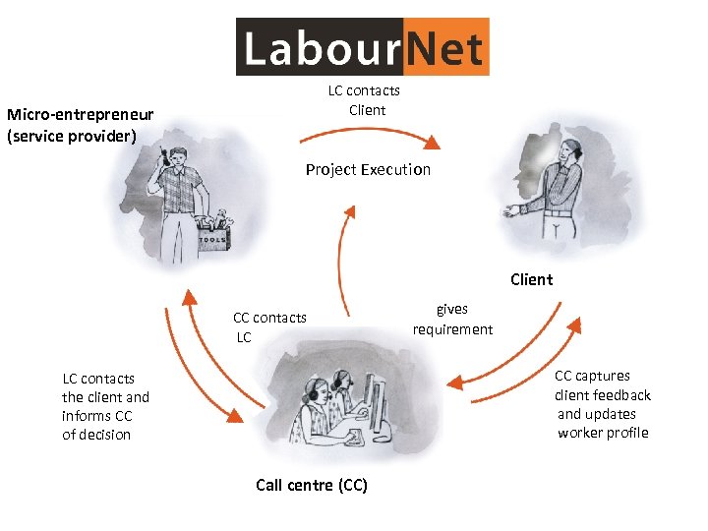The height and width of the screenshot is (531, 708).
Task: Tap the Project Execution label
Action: coord(368,170)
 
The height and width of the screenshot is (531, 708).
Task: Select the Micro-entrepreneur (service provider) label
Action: coord(79,126)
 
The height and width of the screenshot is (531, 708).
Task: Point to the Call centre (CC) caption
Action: coord(311,485)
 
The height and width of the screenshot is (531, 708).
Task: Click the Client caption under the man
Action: coord(531,279)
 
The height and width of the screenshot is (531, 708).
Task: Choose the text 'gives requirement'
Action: coord(452,320)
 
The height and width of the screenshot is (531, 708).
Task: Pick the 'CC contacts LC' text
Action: coord(268,327)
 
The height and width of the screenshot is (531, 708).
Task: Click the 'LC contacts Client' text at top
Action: coord(365,100)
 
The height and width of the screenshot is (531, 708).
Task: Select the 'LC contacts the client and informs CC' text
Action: coord(105,406)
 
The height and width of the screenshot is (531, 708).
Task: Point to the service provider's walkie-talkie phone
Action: coord(162,156)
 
